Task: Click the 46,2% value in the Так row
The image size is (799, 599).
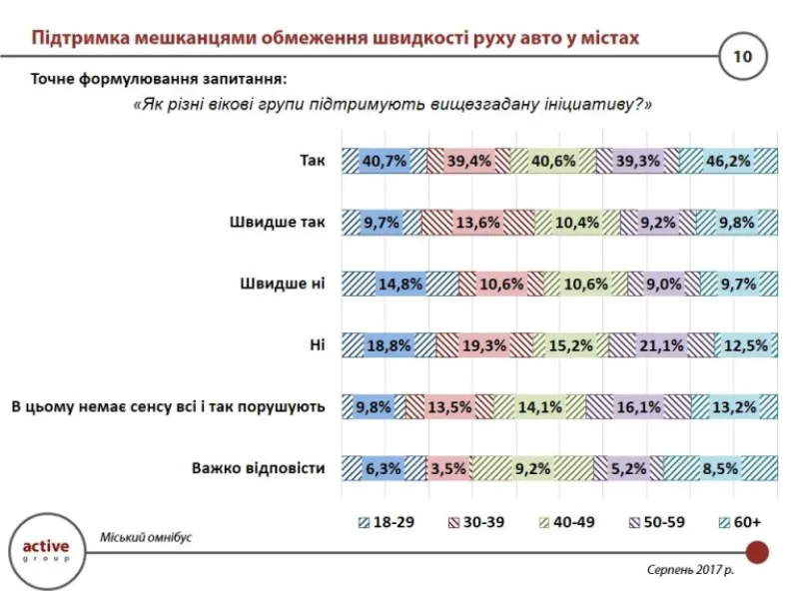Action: pos(729,160)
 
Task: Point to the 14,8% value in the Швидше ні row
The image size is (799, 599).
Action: pos(400,284)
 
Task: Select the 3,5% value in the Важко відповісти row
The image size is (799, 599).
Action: pos(448,467)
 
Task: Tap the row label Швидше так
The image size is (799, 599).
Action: pos(277,222)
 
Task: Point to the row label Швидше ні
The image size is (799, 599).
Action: pos(281,284)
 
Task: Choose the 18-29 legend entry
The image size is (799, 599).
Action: pos(381,521)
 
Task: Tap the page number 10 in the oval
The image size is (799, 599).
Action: pos(742,56)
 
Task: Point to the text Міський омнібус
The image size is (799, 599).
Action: pos(146,537)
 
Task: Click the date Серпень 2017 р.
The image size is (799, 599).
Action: pos(689,570)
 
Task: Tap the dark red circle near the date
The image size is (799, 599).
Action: pos(757,551)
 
